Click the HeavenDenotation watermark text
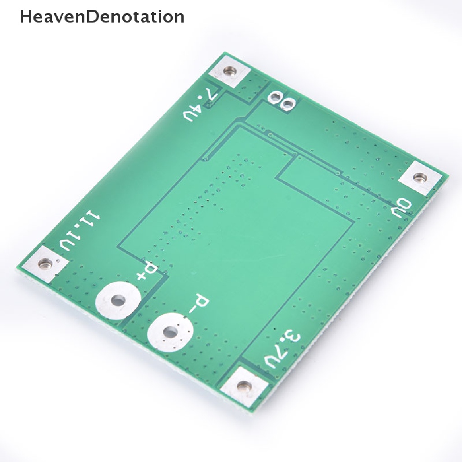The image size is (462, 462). (102, 17)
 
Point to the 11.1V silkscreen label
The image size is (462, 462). (80, 231)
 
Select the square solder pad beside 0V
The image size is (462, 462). (419, 178)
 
